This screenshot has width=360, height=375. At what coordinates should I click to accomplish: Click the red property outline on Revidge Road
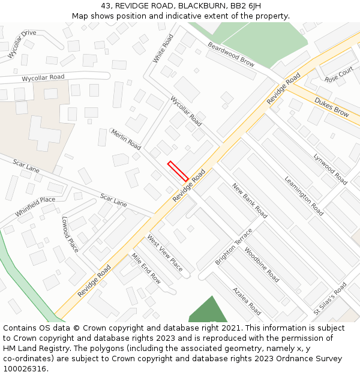tap(178, 171)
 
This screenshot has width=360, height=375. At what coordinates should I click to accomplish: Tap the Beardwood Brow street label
tap(231, 54)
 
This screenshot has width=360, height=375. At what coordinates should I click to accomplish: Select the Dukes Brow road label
tap(331, 107)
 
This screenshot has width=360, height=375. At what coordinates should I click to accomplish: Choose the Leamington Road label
tap(304, 196)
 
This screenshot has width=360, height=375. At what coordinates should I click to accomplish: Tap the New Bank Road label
tap(250, 200)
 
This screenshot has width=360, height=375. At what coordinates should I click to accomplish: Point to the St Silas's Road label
tap(330, 298)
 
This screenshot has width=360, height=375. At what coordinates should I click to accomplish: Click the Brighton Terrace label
tap(234, 247)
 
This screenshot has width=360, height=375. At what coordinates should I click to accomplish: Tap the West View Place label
tap(165, 253)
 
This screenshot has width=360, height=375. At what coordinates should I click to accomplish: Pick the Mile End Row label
tap(146, 268)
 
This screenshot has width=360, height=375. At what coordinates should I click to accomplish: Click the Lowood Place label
tap(70, 235)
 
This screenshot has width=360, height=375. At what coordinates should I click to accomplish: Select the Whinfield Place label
tap(35, 207)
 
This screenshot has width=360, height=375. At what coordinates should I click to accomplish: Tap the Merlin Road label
tap(125, 139)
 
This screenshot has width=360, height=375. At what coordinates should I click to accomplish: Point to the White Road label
tap(163, 48)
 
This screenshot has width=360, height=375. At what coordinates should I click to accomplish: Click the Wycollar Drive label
tap(22, 44)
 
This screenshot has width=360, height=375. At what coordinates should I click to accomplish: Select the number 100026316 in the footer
tap(25, 368)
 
